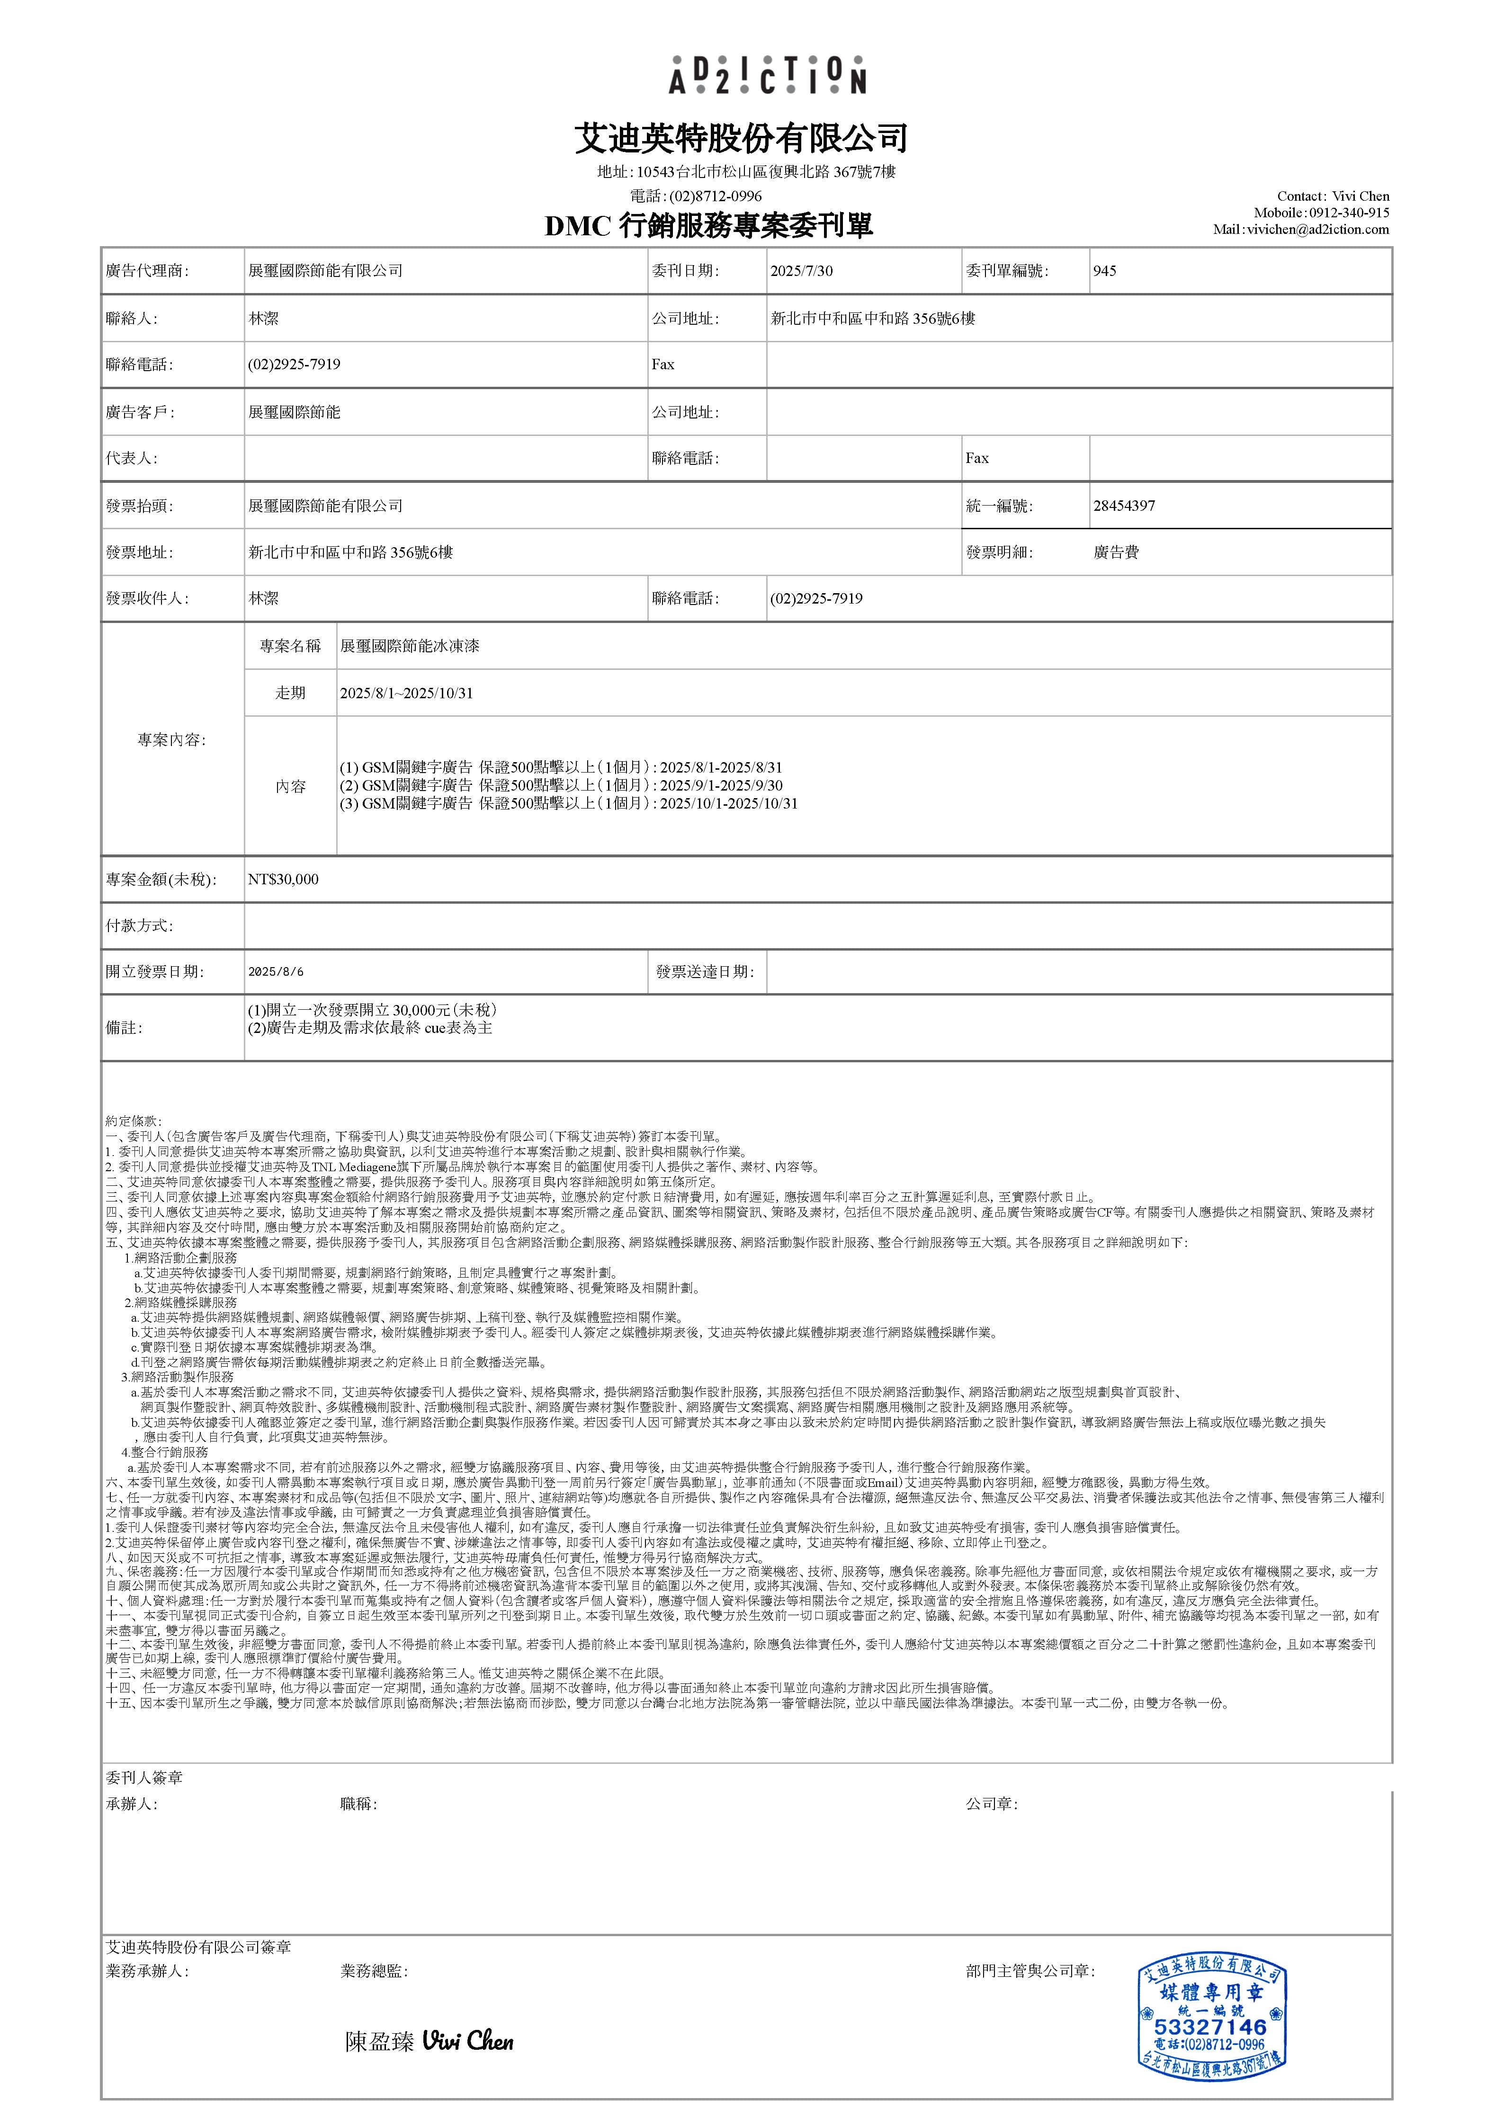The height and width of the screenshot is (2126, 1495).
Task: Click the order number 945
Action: tap(1104, 271)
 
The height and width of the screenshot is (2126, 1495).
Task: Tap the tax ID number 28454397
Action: tap(1124, 506)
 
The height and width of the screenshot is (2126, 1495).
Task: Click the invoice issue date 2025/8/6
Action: tap(276, 972)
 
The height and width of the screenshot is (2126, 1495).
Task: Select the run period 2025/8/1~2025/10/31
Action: tap(407, 693)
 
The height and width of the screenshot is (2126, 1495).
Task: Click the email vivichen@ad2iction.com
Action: tap(1317, 230)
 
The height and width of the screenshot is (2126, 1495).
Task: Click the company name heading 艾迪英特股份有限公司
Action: tap(741, 139)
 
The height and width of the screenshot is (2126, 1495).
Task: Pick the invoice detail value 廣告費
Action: tap(1116, 553)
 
